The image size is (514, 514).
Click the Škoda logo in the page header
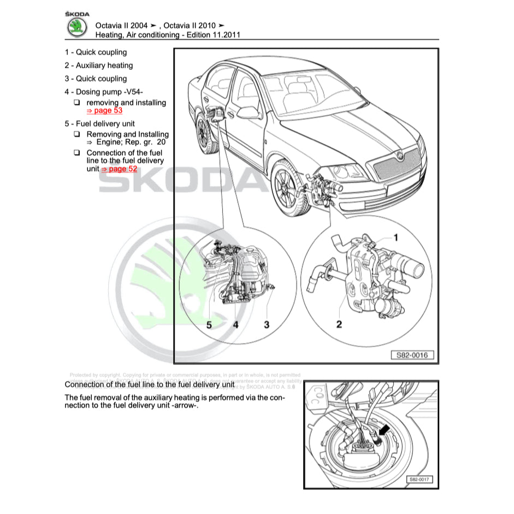(76, 28)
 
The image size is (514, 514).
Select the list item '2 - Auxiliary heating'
(98, 66)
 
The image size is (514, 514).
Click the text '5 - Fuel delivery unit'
(99, 123)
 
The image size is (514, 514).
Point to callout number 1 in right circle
(396, 237)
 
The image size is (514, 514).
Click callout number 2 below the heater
(339, 324)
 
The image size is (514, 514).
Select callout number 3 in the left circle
(267, 324)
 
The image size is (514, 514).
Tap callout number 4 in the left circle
(235, 324)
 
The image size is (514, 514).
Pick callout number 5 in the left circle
(209, 324)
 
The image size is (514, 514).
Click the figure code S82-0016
(412, 355)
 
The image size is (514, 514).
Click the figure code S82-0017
(420, 480)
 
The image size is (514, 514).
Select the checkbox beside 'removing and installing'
(77, 103)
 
